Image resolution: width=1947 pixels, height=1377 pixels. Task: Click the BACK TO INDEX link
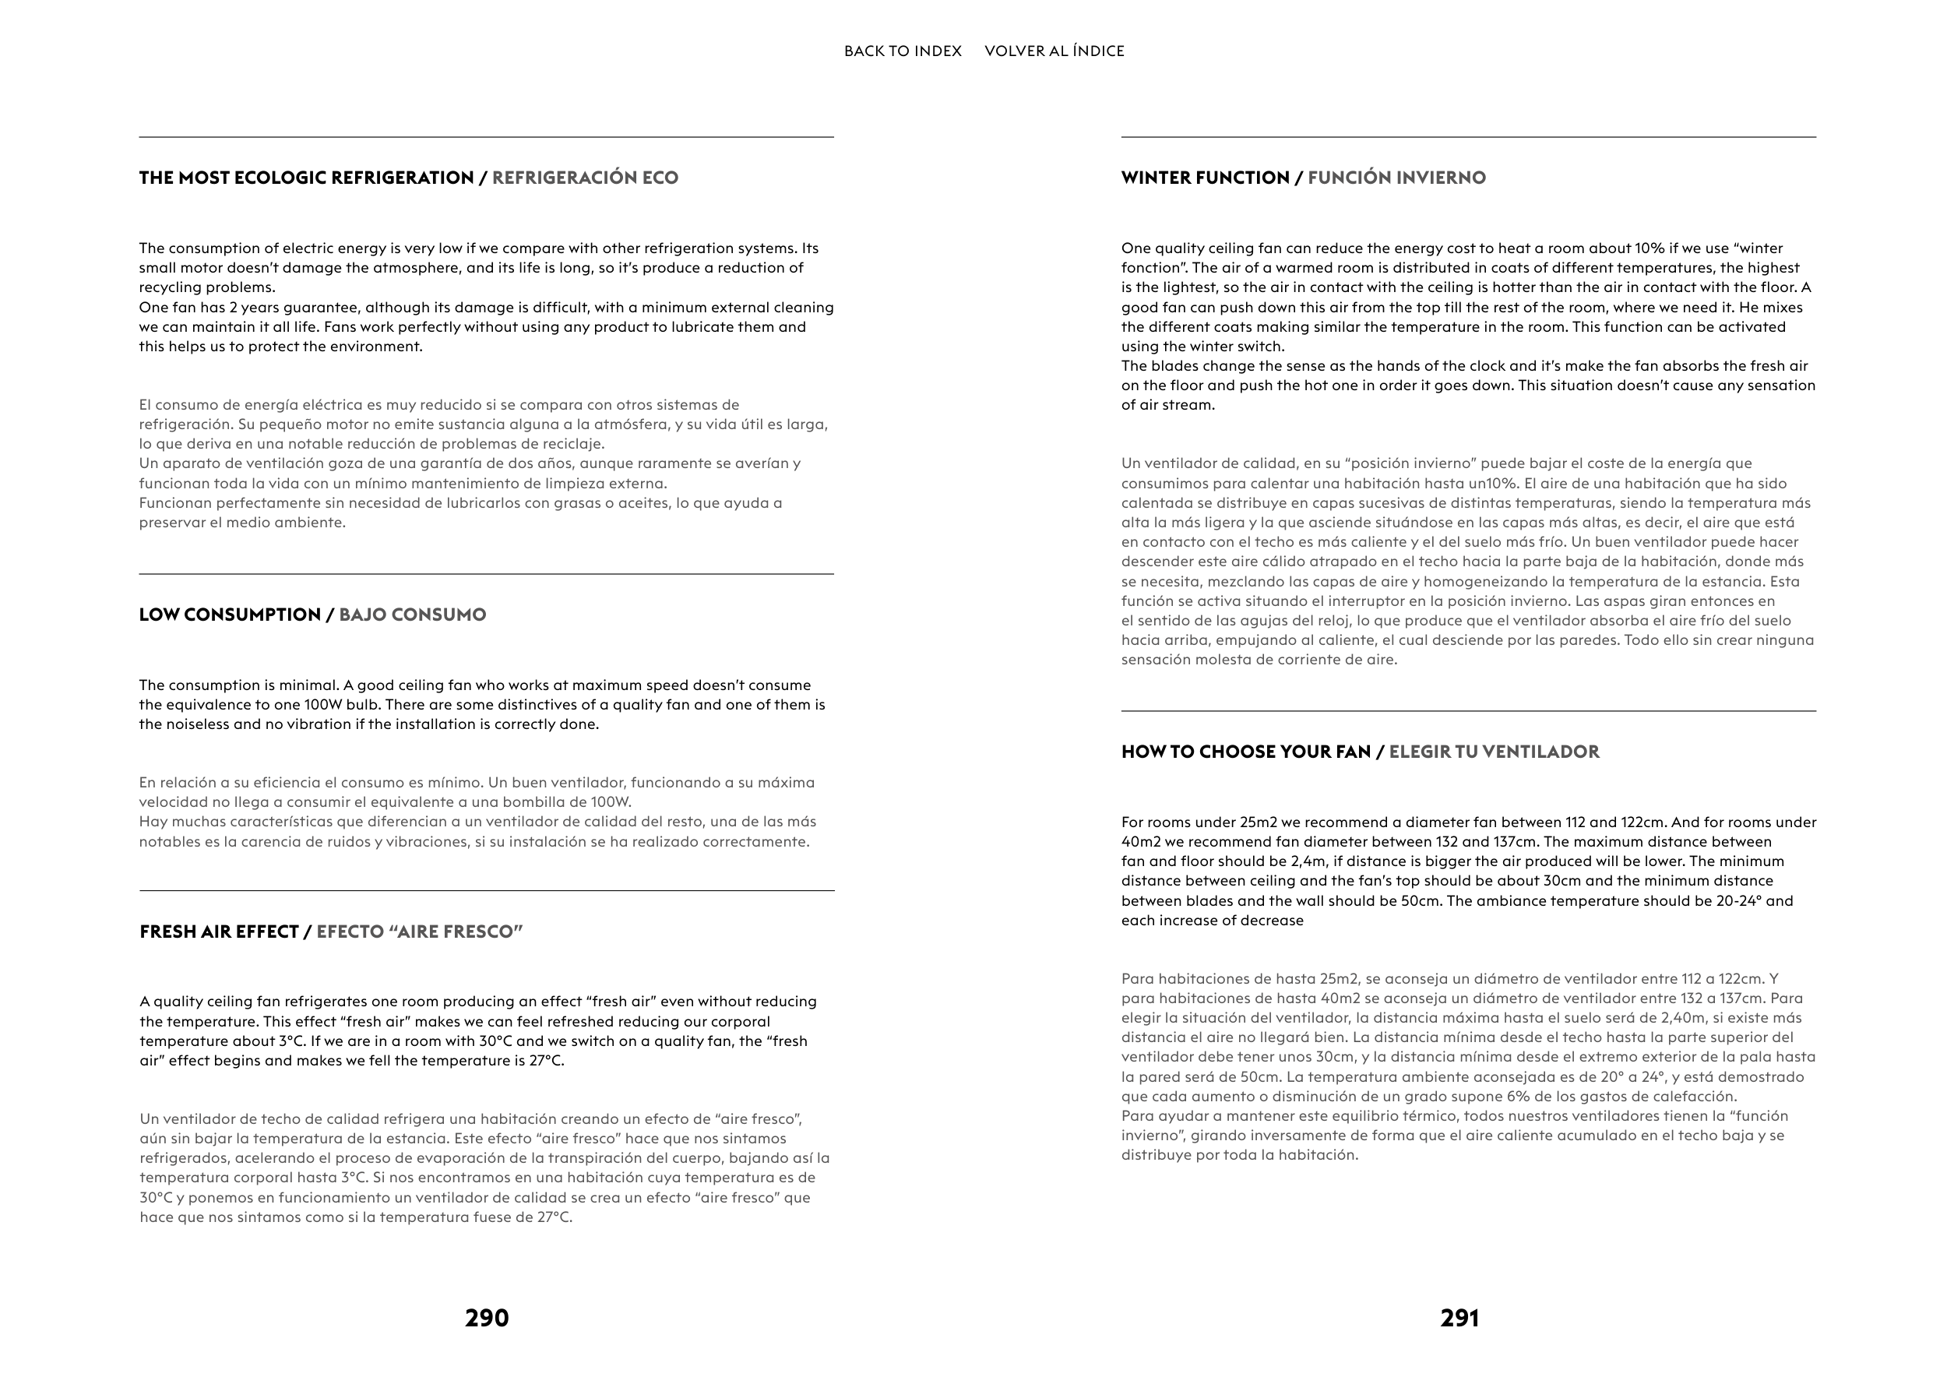903,51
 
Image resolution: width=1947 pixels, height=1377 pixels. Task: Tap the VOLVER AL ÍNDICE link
1054,51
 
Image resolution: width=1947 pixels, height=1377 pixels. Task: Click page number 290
487,1318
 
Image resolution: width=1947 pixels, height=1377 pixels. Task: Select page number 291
1459,1318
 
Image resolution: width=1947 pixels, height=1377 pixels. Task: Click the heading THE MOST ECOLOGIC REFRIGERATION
306,178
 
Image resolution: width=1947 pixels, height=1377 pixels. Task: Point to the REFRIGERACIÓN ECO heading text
585,178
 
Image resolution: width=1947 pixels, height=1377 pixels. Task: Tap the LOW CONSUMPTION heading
230,615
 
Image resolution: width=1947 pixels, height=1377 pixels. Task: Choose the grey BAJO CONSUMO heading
412,615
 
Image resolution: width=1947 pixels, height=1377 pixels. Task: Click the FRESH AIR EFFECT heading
219,931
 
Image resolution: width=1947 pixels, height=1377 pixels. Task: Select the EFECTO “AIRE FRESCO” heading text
419,931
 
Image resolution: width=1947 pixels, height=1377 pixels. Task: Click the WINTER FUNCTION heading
1205,178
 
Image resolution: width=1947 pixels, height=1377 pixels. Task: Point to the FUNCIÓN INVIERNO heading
1396,178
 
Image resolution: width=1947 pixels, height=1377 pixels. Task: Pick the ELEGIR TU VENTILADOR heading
1495,752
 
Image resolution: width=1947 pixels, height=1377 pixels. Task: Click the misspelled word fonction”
1153,268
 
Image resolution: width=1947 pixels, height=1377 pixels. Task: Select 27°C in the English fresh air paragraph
545,1061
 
